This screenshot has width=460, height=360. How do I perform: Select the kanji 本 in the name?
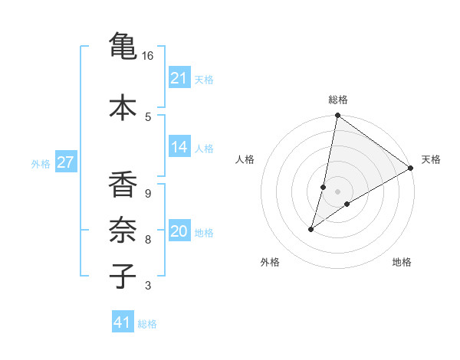(123, 106)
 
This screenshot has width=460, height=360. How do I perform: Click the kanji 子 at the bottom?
(123, 276)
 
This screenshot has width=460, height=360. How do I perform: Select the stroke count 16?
(148, 56)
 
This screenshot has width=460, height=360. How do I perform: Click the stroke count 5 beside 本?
(148, 116)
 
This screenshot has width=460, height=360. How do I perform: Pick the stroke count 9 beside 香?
(148, 194)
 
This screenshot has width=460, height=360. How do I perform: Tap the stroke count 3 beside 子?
(148, 286)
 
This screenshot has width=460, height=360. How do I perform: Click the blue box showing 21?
(179, 78)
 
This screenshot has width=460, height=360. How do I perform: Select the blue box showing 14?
(179, 147)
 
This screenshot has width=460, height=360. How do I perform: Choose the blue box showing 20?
(179, 231)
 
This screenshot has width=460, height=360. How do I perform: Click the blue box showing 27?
(66, 162)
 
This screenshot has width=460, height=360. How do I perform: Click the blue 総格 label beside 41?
(147, 324)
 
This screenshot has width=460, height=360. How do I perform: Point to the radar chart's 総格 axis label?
(337, 100)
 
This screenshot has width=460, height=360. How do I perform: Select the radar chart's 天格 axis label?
(431, 159)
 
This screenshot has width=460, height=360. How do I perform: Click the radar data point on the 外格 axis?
(311, 229)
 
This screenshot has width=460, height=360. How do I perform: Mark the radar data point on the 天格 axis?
(411, 168)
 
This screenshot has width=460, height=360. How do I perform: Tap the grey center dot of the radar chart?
(337, 191)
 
